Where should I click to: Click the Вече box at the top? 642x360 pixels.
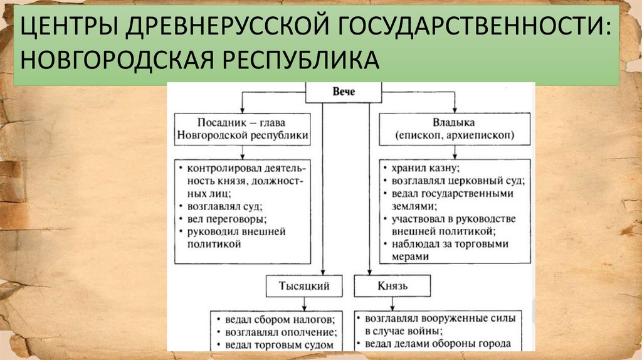coord(342,92)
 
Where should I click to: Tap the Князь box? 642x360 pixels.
coord(393,286)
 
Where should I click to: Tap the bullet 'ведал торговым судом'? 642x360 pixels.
coord(276,344)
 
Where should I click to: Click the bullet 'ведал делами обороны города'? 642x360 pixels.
coord(438,344)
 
